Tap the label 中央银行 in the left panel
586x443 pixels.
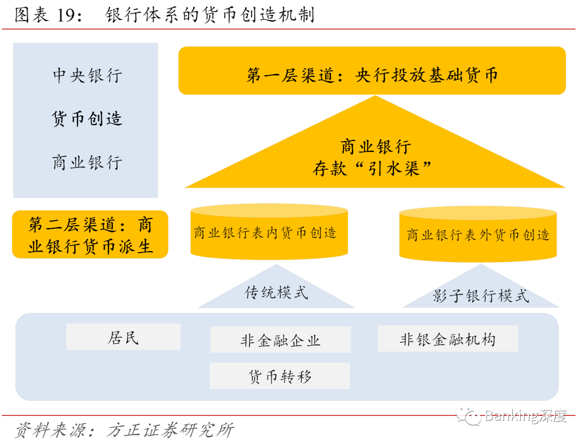87,75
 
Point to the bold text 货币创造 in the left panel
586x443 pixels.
87,119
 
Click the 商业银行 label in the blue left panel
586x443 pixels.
87,162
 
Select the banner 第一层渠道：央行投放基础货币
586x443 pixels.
372,75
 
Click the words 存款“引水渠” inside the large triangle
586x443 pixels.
372,169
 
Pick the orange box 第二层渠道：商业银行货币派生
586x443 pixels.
90,235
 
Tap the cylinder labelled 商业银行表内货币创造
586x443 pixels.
269,234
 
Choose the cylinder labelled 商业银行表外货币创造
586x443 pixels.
477,235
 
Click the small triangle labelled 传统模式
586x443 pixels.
276,293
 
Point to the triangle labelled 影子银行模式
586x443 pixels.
481,296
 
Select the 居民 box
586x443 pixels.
123,337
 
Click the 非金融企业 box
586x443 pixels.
281,340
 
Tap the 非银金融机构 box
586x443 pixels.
448,339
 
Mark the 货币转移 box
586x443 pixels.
280,376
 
